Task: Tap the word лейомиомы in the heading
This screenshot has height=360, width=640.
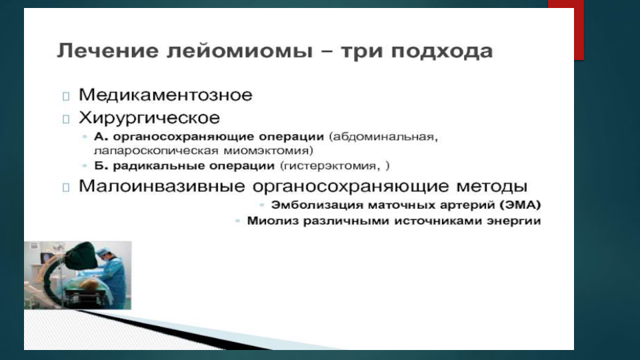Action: click(240, 52)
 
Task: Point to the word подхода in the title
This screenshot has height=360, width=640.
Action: click(442, 52)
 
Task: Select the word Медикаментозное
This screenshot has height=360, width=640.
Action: click(165, 95)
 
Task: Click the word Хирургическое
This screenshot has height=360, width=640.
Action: click(149, 118)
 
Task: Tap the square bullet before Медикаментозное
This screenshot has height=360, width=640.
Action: click(66, 96)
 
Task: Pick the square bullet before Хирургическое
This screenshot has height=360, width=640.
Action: click(66, 119)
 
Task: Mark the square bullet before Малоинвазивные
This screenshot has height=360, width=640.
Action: click(66, 187)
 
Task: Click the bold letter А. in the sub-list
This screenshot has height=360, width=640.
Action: click(101, 136)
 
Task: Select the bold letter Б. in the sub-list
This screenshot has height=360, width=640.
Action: click(101, 166)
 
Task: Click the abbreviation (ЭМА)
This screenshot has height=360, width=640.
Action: click(521, 205)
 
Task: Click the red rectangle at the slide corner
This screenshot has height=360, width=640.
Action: click(566, 29)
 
